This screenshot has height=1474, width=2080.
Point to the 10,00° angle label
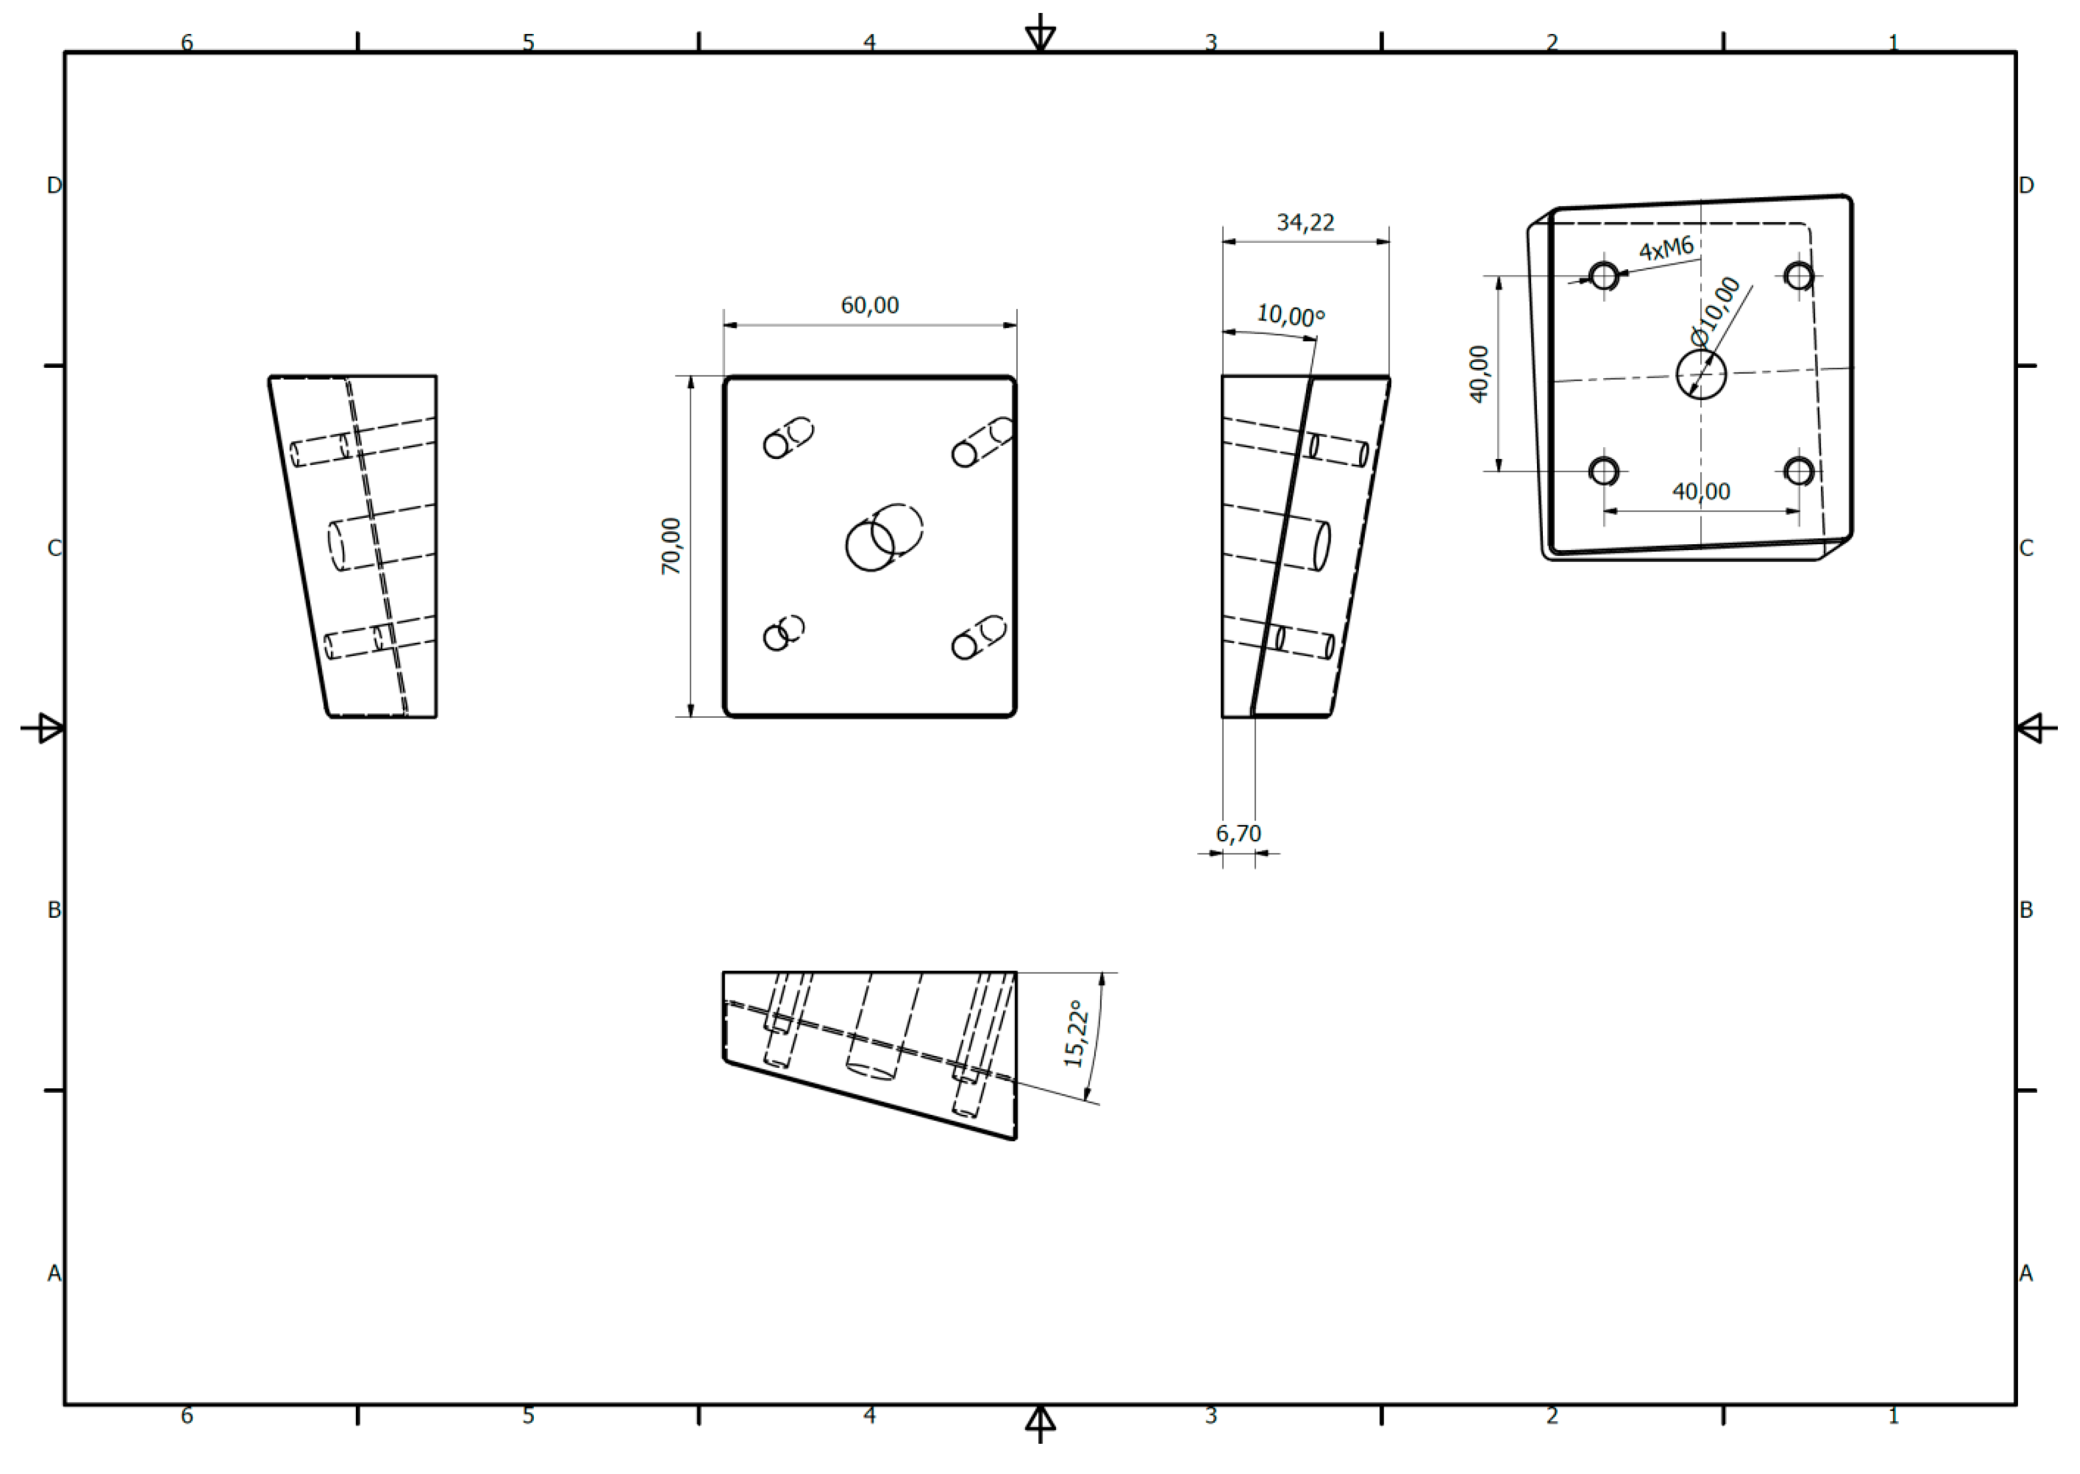point(1289,316)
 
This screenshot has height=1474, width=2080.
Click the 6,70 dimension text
point(1238,833)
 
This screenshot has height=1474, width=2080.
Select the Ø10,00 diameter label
point(1716,311)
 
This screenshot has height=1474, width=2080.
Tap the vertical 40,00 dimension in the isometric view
point(1479,373)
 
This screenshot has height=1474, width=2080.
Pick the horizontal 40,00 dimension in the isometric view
point(1701,491)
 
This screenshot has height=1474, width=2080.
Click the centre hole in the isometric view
point(1701,374)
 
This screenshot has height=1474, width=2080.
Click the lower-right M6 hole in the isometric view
point(1798,471)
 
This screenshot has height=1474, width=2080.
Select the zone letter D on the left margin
point(53,185)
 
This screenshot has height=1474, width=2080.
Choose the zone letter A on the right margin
point(2026,1273)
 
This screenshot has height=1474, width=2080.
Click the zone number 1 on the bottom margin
point(1893,1415)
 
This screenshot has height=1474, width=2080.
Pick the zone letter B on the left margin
point(53,909)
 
